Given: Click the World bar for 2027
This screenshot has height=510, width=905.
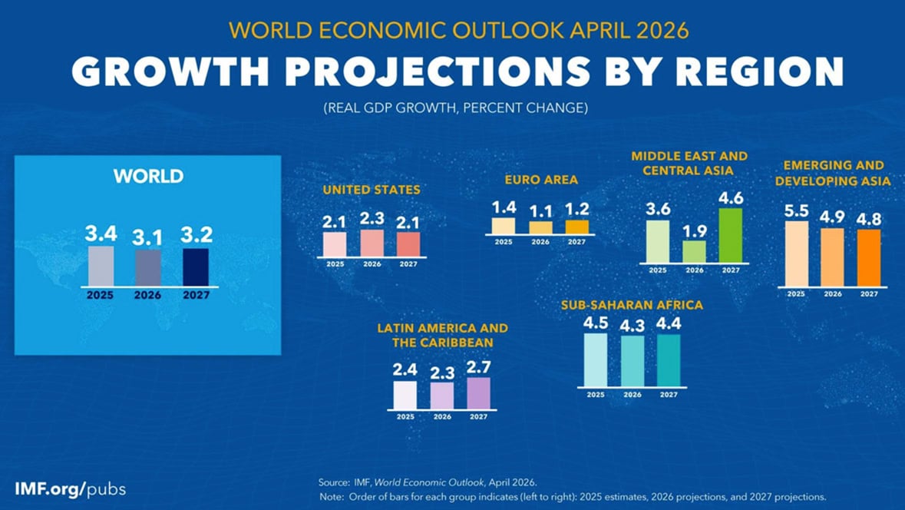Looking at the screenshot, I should click(x=195, y=267).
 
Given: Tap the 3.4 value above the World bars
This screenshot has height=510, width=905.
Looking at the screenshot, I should click(x=101, y=232).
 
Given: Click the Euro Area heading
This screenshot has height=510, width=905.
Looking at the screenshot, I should click(x=541, y=180).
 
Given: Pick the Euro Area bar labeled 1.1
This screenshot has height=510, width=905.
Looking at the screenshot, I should click(x=540, y=227).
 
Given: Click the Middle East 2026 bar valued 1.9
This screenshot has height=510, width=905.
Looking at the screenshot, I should click(x=694, y=251).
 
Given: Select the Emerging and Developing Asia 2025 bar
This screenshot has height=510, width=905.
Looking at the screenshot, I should click(x=797, y=254).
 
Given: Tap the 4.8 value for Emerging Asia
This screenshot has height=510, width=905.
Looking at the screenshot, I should click(x=869, y=219).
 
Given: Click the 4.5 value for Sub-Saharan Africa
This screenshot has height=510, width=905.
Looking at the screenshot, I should click(x=595, y=323).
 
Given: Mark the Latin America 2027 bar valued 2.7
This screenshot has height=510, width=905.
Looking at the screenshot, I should click(x=478, y=393).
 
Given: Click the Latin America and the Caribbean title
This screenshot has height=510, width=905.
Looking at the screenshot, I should click(x=442, y=335).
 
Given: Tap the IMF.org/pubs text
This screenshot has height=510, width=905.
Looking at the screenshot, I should click(x=70, y=488).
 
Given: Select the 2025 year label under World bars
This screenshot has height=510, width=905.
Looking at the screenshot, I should click(x=101, y=293).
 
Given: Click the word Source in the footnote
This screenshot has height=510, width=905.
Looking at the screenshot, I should click(x=333, y=482).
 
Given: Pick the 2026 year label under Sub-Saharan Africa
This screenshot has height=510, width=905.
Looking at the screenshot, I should click(x=633, y=395).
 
